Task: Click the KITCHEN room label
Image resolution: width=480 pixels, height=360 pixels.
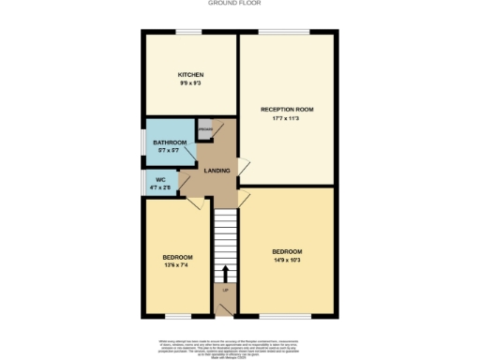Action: point(191,75)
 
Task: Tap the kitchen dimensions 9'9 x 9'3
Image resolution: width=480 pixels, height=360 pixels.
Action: point(191,83)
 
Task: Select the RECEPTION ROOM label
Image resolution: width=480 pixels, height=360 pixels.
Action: point(286,109)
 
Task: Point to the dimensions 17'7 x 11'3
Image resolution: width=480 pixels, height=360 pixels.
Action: point(286,118)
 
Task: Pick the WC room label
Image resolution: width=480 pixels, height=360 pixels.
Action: point(160,178)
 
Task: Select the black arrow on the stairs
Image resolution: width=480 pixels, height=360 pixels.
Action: point(225,273)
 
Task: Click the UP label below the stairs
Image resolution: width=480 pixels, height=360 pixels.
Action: point(225,302)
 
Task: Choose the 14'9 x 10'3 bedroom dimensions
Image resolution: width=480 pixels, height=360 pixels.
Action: point(287,260)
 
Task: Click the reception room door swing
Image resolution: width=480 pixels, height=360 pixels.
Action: point(244,168)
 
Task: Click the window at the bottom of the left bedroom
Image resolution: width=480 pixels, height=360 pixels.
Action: point(176,315)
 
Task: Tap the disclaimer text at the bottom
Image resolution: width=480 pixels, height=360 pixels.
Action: point(240,346)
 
